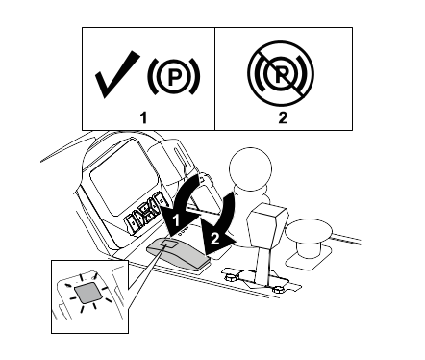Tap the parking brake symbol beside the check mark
point(174,77)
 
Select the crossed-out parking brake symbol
point(281,73)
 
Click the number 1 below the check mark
point(144,117)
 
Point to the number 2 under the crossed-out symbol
point(283,117)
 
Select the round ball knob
point(251,168)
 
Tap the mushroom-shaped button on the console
point(309,238)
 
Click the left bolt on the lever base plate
point(230,277)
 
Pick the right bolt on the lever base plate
point(277,290)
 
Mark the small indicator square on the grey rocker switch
point(168,244)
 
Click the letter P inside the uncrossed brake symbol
point(174,77)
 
